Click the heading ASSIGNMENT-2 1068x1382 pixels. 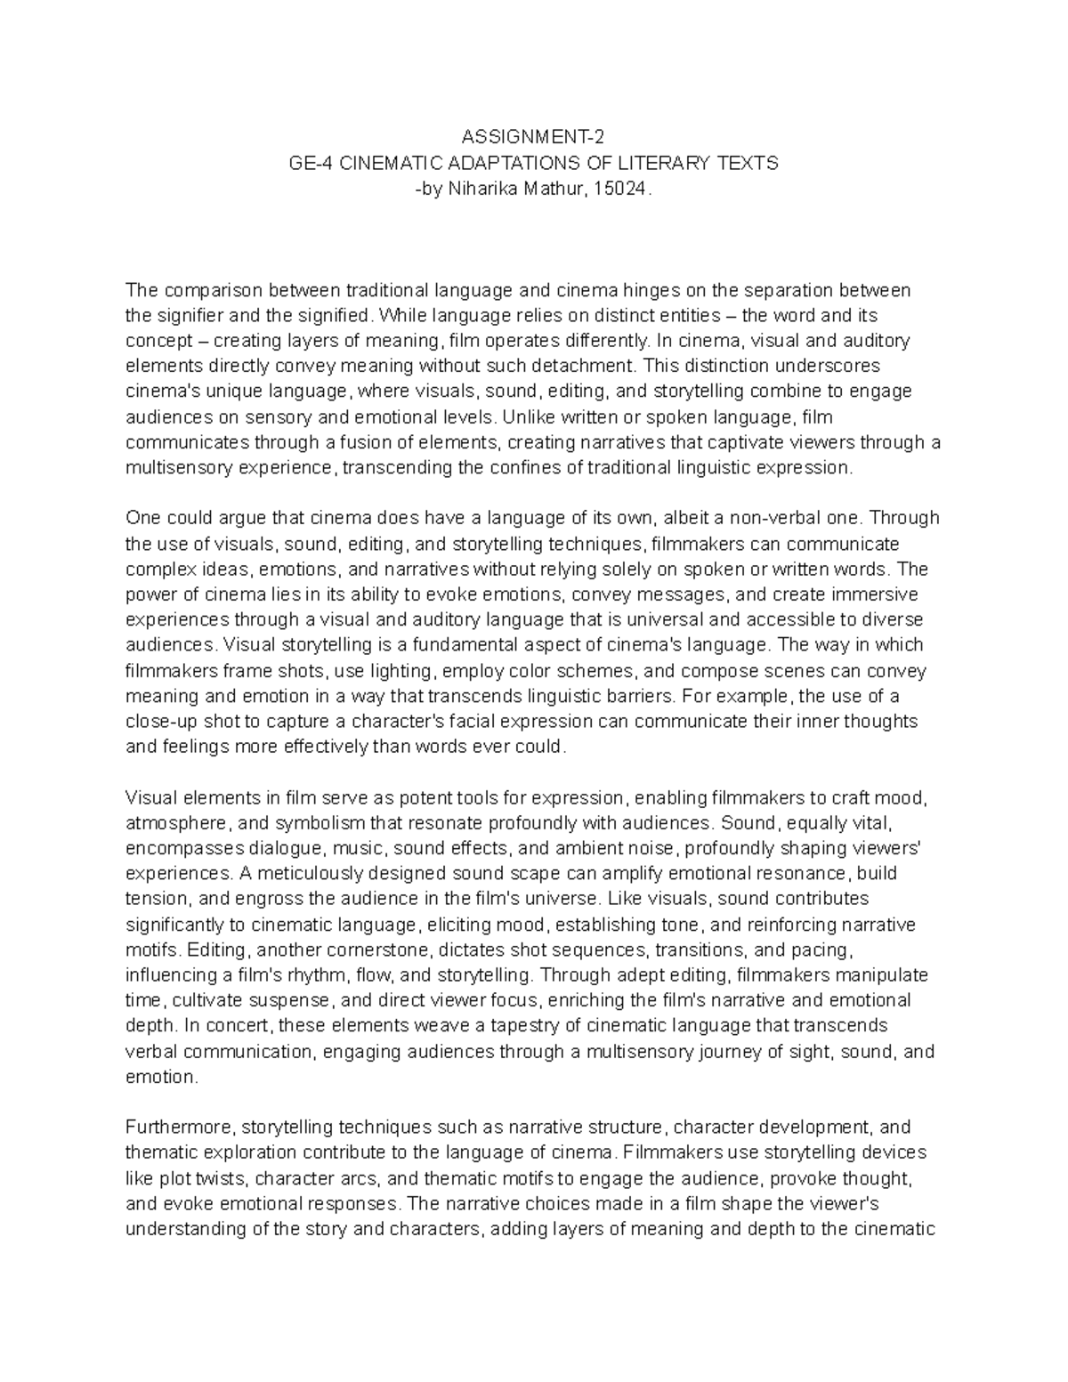[x=533, y=137]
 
